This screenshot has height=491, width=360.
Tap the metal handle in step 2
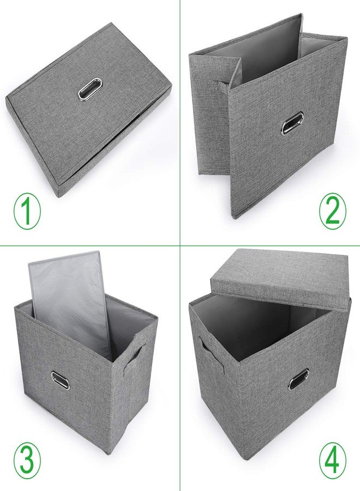[292, 123]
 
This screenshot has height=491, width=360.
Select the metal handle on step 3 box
[61, 380]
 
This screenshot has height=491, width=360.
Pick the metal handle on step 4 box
[299, 379]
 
